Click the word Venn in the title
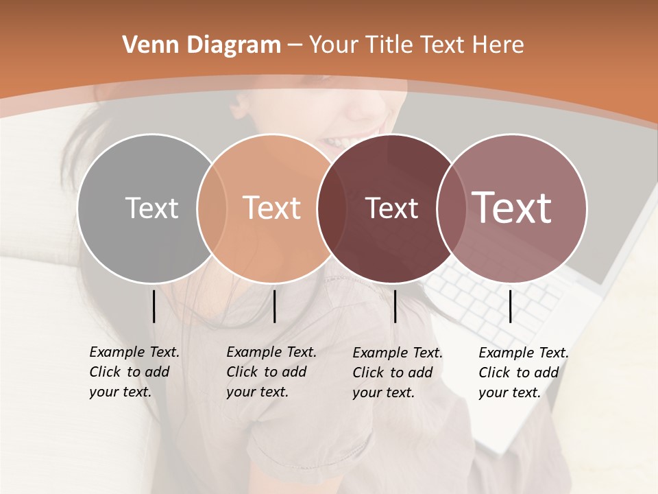click(145, 45)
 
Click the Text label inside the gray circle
click(151, 208)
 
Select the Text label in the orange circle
click(272, 208)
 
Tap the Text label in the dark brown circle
click(391, 208)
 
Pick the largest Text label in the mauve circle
click(512, 207)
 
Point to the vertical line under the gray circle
click(154, 306)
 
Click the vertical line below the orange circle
click(274, 306)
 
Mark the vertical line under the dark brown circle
click(395, 306)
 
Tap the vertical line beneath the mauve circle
click(510, 306)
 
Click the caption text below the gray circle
click(134, 372)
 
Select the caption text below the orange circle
click(271, 372)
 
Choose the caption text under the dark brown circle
click(397, 373)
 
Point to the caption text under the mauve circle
click(523, 373)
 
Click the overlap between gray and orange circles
click(212, 208)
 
